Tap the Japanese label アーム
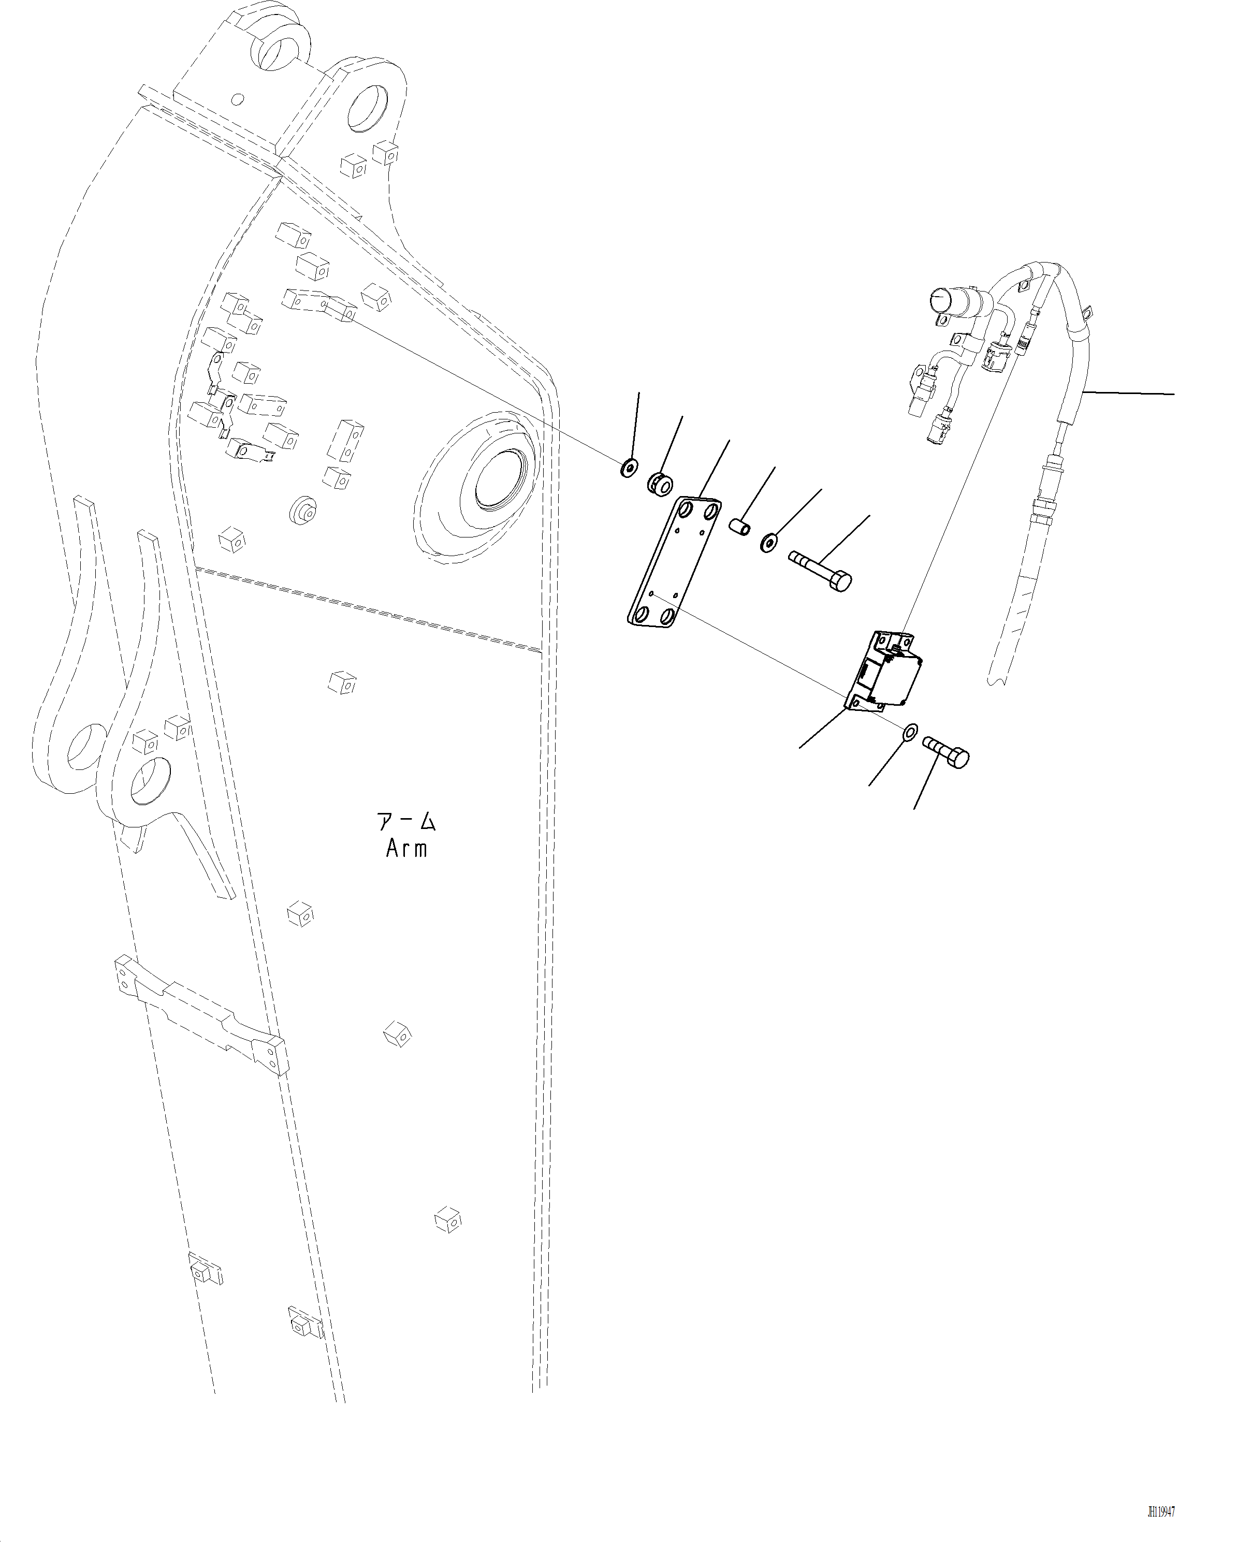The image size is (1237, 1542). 406,821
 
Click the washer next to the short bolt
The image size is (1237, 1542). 911,732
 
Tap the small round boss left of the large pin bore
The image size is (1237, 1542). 303,510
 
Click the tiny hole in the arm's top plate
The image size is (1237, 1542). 239,99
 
